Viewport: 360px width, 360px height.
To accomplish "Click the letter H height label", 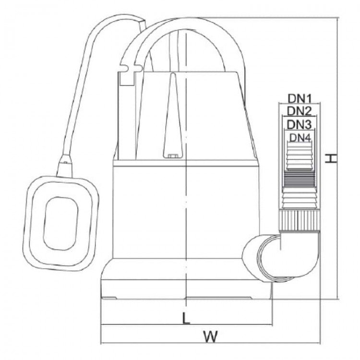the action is [x=331, y=159].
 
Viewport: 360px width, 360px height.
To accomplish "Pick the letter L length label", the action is [x=186, y=318].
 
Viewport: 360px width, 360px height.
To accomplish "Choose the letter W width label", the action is [x=211, y=336].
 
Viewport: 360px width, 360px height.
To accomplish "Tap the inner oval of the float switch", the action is [x=60, y=223].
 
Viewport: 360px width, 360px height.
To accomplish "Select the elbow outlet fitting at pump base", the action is [x=281, y=256].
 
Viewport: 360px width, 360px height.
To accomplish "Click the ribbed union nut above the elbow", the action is [x=300, y=221].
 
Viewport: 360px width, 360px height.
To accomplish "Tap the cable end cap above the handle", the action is [x=142, y=24].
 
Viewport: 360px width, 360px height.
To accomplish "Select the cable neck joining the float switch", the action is [x=65, y=166].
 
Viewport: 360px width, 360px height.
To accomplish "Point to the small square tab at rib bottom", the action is [x=173, y=156].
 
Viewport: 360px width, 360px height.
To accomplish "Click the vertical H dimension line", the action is [x=337, y=158].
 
